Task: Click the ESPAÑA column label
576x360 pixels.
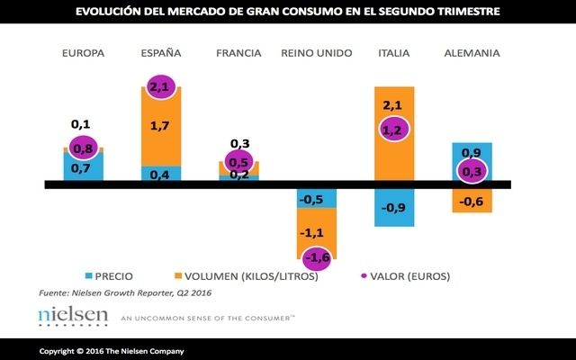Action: [161, 53]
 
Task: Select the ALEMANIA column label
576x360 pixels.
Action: [472, 53]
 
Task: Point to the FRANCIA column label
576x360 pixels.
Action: [238, 53]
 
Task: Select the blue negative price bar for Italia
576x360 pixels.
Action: [394, 208]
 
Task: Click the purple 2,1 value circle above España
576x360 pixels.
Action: [162, 86]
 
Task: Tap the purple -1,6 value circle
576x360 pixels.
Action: [316, 258]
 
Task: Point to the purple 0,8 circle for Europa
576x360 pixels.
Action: [83, 148]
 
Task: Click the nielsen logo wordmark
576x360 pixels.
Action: [73, 316]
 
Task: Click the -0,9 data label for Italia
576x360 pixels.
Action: [394, 209]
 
